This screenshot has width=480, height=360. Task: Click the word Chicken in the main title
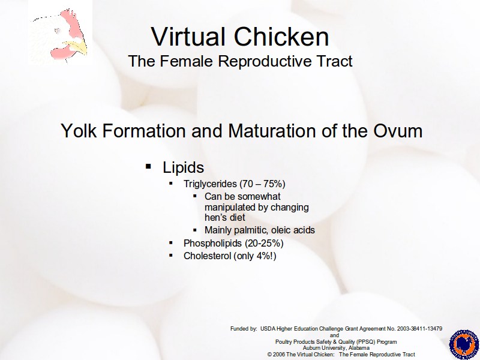pyautogui.click(x=281, y=37)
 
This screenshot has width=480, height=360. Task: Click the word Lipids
pyautogui.click(x=184, y=167)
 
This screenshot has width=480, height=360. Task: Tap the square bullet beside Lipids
pyautogui.click(x=148, y=167)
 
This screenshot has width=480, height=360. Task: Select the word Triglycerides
pyautogui.click(x=211, y=184)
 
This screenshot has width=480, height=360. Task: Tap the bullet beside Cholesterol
pyautogui.click(x=171, y=256)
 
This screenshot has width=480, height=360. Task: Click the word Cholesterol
pyautogui.click(x=207, y=256)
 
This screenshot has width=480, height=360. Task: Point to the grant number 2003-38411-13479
pyautogui.click(x=419, y=329)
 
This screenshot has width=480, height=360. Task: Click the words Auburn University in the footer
pyautogui.click(x=324, y=348)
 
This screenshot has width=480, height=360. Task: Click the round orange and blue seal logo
pyautogui.click(x=464, y=344)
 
